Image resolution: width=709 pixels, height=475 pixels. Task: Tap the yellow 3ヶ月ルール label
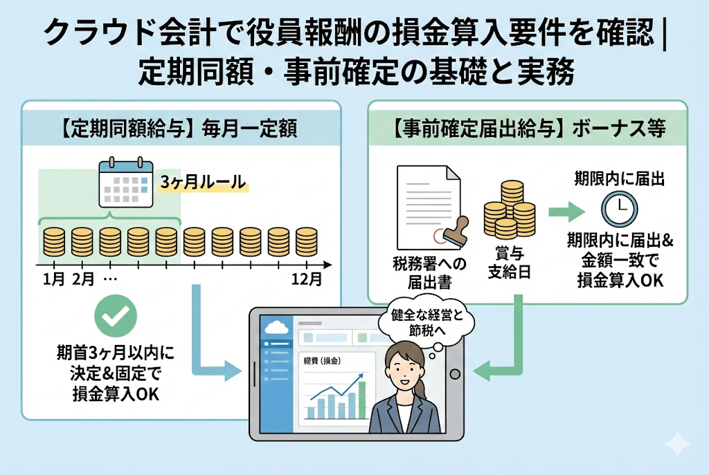point(203,183)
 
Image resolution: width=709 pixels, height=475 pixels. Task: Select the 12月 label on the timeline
point(305,280)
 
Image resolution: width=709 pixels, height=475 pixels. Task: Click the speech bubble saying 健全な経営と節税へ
point(423,322)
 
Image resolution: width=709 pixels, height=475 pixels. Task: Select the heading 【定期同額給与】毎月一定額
point(178,129)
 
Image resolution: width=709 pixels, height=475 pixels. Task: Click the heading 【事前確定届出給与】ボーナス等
point(528,129)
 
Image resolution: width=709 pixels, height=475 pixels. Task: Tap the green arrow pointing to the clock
point(566,209)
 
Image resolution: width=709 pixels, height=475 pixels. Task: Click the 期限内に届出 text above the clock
point(619,179)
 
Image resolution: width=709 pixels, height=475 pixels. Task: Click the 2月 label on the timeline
point(83,280)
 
